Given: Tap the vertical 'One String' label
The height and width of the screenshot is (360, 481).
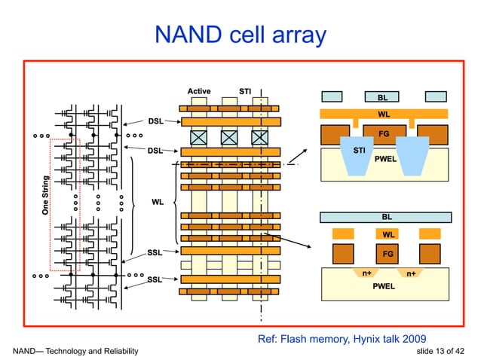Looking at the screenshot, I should pyautogui.click(x=46, y=197).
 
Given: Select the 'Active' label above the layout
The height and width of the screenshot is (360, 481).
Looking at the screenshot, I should pyautogui.click(x=199, y=91).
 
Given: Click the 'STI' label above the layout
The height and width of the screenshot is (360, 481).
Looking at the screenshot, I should pyautogui.click(x=245, y=91).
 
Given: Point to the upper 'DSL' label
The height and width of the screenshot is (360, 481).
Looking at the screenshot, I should pyautogui.click(x=155, y=121).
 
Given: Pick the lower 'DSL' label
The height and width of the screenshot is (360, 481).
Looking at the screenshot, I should pyautogui.click(x=155, y=151).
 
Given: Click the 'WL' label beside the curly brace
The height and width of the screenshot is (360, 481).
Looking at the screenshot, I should pyautogui.click(x=158, y=202).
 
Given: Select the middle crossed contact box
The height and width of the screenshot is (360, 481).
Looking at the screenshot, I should pyautogui.click(x=229, y=138).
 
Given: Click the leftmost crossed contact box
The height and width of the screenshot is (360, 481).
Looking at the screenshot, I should pyautogui.click(x=199, y=138).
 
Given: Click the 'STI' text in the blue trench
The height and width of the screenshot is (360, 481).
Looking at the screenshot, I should pyautogui.click(x=360, y=151).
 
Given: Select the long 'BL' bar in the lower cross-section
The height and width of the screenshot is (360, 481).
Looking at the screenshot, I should pyautogui.click(x=387, y=217).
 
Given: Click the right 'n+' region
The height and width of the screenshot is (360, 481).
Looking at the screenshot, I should pyautogui.click(x=410, y=273).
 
